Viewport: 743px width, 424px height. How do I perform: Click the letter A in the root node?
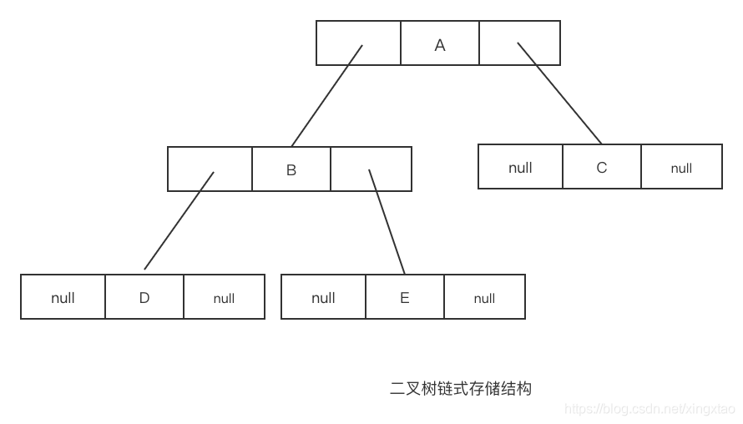(440, 45)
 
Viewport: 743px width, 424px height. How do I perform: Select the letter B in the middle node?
(291, 170)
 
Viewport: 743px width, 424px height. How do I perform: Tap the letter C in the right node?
(602, 168)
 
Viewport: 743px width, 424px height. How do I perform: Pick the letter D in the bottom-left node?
(144, 298)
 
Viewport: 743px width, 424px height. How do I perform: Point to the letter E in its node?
(405, 298)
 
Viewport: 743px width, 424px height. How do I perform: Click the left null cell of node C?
(520, 168)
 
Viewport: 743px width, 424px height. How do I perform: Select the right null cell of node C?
(681, 168)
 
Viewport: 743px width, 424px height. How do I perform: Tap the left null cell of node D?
(63, 298)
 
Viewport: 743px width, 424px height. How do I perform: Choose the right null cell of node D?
(224, 298)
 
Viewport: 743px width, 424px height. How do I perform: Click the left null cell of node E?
(323, 298)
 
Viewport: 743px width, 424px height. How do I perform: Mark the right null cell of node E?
(484, 298)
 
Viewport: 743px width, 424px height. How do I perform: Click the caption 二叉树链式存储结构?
(460, 388)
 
